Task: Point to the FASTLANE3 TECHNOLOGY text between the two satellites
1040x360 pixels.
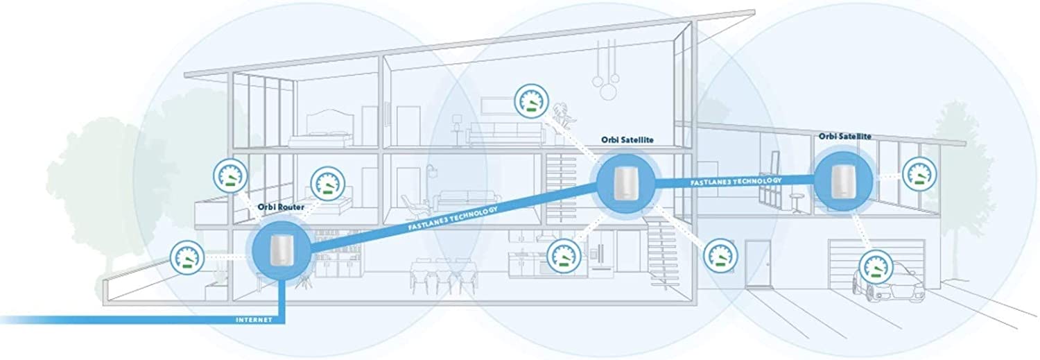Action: tap(736, 180)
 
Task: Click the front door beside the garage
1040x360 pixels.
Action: tap(757, 265)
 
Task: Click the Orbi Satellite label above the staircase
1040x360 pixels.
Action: tap(627, 139)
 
